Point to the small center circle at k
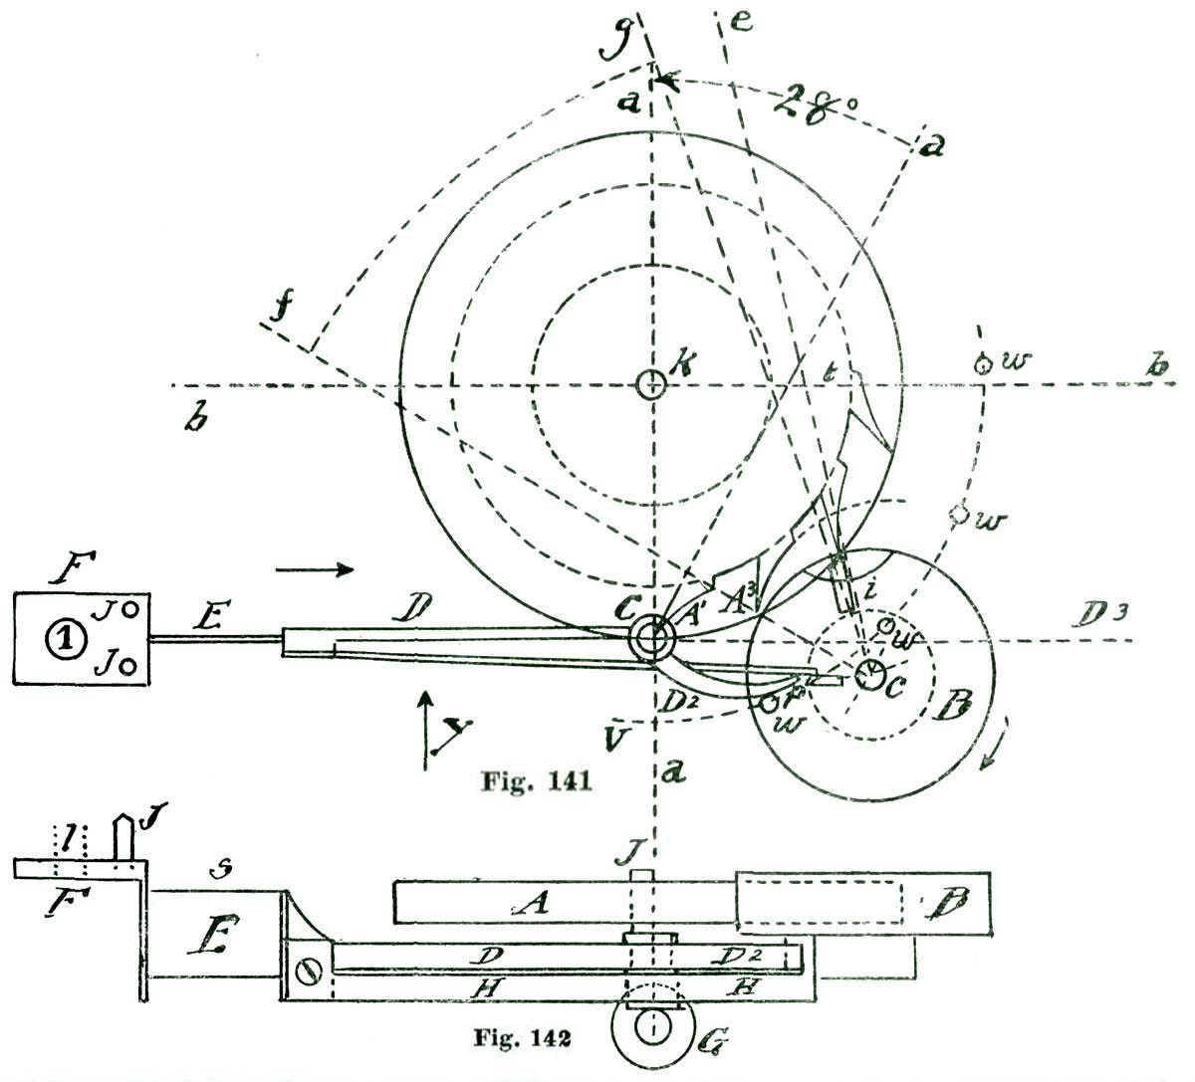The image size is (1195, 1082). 650,383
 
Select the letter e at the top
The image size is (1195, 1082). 738,23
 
